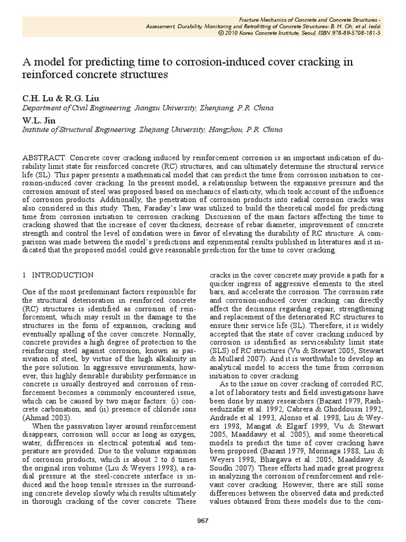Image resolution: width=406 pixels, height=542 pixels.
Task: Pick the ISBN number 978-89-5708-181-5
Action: click(348, 32)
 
